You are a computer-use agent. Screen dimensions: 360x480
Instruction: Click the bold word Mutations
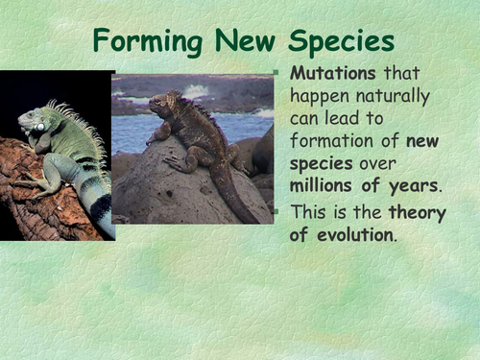[x=334, y=74]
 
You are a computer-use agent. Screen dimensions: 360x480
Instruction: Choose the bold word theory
[x=420, y=213]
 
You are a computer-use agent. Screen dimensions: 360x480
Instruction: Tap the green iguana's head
[x=33, y=124]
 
